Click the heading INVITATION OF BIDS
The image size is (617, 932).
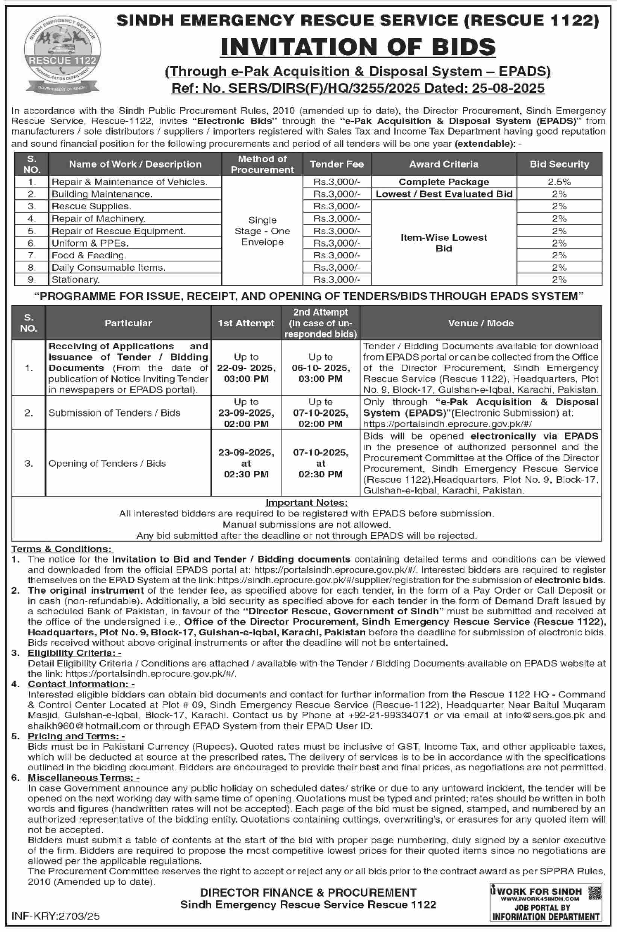point(358,47)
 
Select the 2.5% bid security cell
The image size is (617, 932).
point(559,182)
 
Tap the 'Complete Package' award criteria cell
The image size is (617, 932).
point(443,182)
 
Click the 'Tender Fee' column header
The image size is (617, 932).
point(336,164)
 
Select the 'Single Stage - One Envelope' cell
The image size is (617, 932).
point(262,231)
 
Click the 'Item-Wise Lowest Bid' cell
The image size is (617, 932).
point(443,243)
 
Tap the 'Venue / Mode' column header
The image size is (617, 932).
point(481,323)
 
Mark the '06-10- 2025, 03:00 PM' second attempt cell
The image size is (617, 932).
point(320,368)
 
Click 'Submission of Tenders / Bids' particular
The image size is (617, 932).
point(114,413)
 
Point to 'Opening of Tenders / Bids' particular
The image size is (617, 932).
point(107,463)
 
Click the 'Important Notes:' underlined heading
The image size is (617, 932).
point(307,503)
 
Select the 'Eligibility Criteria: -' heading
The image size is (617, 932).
point(74,653)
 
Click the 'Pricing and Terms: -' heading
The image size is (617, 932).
point(76,737)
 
